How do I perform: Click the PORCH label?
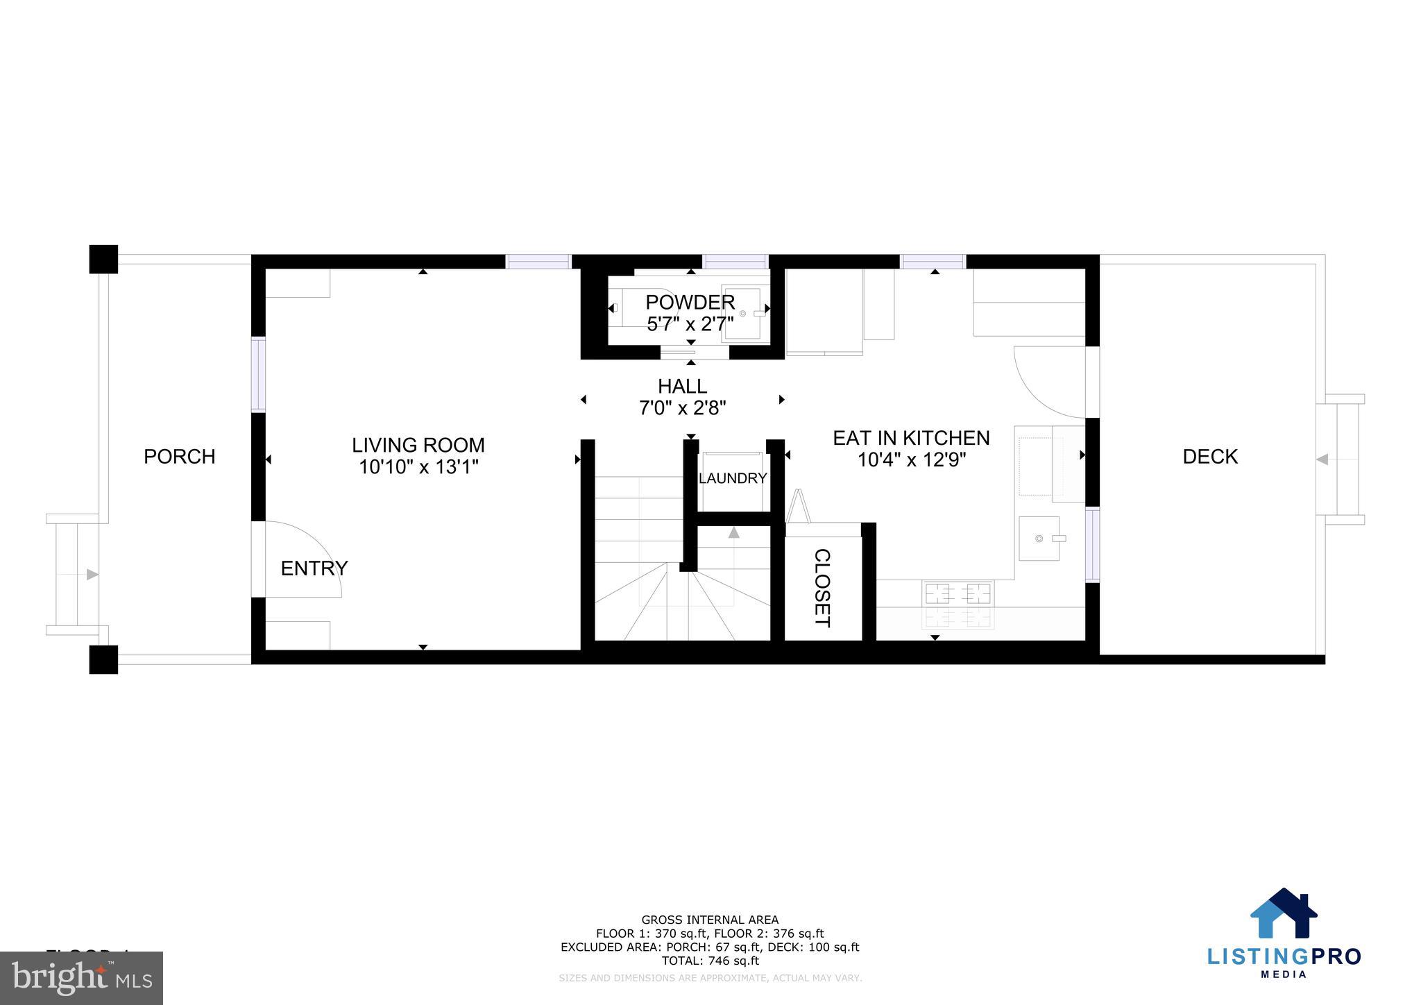[x=179, y=457]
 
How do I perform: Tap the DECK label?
[x=1209, y=457]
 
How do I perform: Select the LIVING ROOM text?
[x=418, y=445]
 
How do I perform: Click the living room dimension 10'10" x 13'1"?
[x=418, y=467]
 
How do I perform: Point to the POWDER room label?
[x=690, y=302]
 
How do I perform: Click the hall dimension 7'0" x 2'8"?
[x=682, y=408]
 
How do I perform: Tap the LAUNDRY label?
[x=732, y=478]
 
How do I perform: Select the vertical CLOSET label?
[x=822, y=588]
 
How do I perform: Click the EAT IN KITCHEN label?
[x=910, y=438]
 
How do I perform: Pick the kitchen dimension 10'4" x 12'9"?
[x=912, y=460]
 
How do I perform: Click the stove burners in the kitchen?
[x=958, y=604]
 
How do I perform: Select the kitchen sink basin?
[x=1039, y=538]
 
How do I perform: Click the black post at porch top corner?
[x=103, y=260]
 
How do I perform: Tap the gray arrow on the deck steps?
[x=1322, y=459]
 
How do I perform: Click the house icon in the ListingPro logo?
[x=1283, y=913]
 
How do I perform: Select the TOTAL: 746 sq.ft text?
[x=710, y=961]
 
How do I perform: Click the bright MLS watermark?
[x=81, y=979]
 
